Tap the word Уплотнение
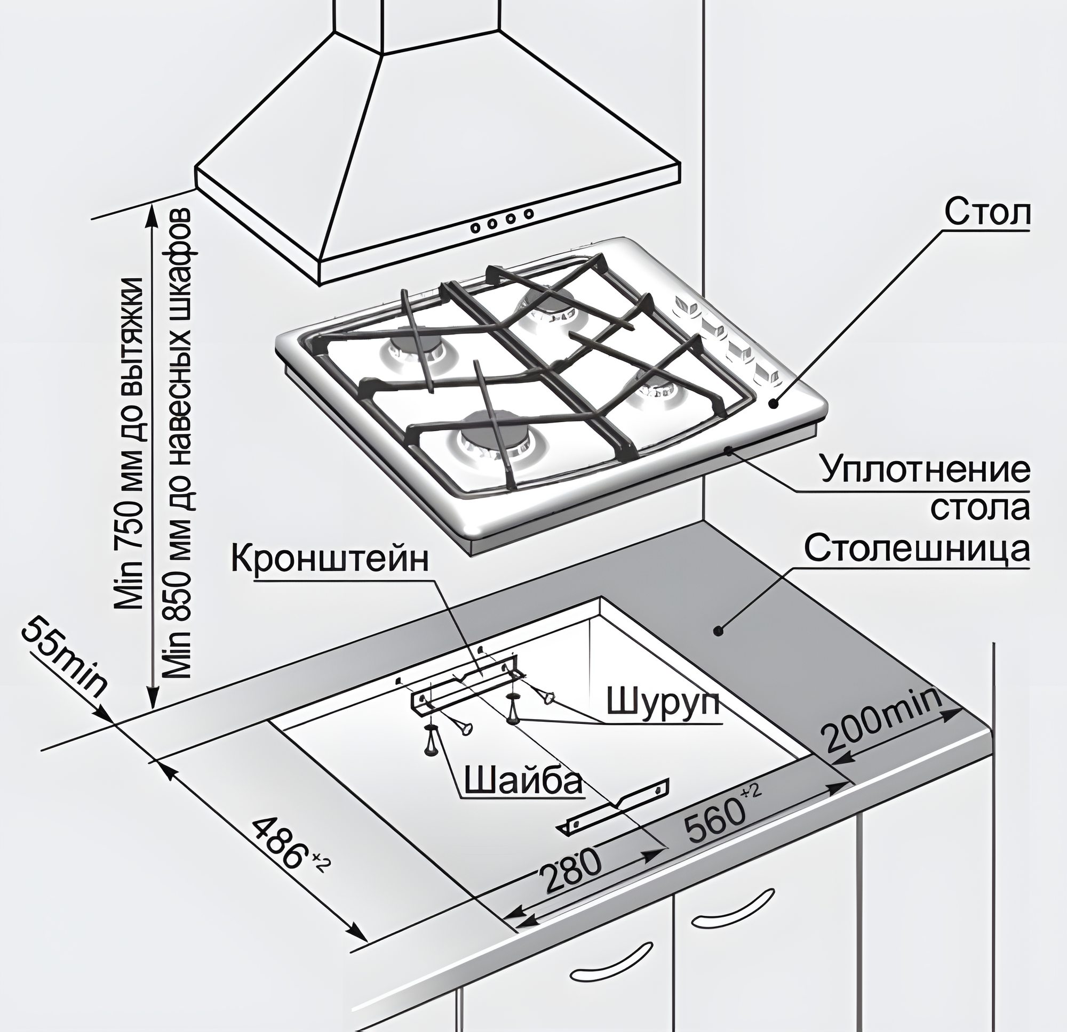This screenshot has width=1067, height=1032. (925, 471)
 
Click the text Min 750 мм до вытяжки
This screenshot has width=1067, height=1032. (131, 444)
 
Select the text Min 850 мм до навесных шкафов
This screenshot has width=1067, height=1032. (179, 444)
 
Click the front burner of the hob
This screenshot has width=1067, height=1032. (492, 435)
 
